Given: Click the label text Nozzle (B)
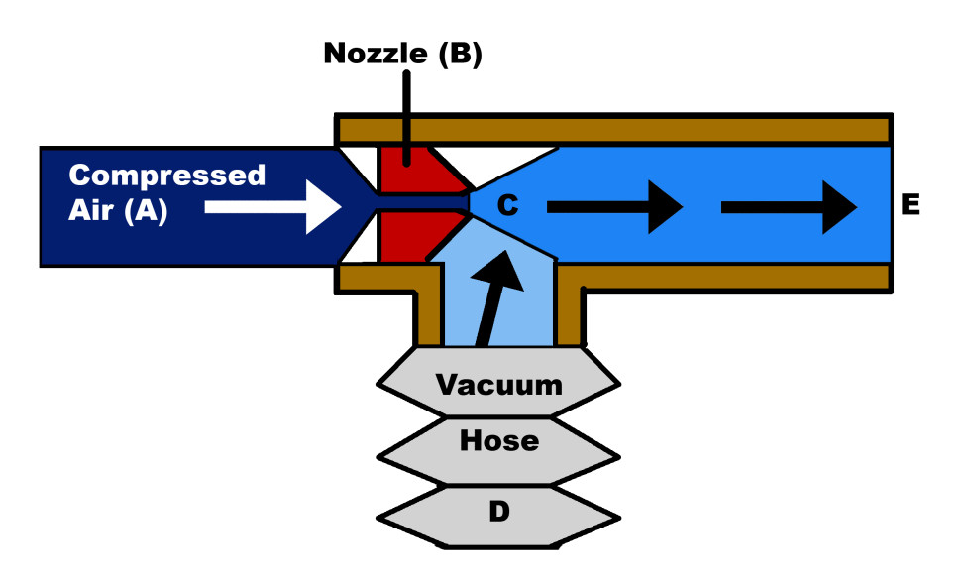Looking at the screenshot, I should point(402,54).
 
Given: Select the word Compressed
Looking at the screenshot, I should point(167,176).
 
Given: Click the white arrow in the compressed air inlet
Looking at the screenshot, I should point(272,206).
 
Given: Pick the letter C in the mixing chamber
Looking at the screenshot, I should point(507,205).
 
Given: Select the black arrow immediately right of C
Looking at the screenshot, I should point(614,206).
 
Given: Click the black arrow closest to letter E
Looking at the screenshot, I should point(789,206).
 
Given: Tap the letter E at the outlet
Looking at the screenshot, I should point(911,205).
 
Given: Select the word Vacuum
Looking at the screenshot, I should point(499,384).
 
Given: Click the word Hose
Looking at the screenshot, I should point(499,440).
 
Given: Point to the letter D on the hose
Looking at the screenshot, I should point(499,513).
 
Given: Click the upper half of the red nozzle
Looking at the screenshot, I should point(410,170).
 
